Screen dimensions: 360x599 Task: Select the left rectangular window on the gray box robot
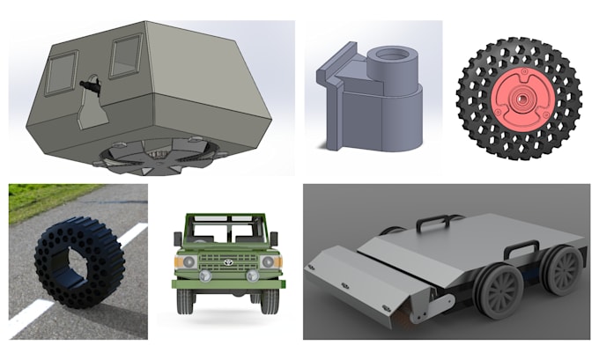click(61, 72)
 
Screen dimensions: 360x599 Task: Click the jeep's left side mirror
click(179, 239)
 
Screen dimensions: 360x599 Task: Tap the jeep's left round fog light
click(204, 277)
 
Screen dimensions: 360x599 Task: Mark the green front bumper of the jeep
click(227, 283)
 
